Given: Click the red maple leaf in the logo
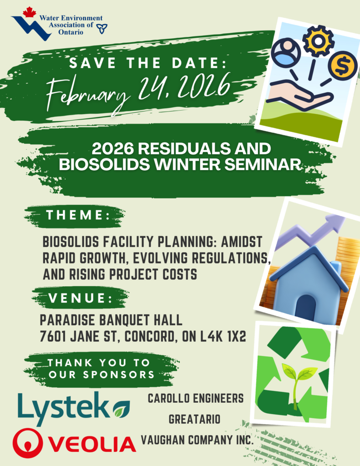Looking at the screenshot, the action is (29, 12).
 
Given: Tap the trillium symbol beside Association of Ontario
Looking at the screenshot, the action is (102, 29).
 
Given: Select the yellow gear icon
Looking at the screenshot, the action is (318, 41).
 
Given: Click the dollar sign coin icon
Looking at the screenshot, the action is (343, 66).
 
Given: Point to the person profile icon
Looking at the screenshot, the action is (286, 52).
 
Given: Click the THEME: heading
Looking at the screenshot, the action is (78, 215).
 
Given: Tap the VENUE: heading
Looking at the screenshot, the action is (81, 298).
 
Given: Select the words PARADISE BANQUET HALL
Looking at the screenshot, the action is (111, 320).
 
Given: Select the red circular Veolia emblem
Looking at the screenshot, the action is (28, 443).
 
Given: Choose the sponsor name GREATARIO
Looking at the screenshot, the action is (194, 419).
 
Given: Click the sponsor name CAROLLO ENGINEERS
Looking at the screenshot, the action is (196, 398).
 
